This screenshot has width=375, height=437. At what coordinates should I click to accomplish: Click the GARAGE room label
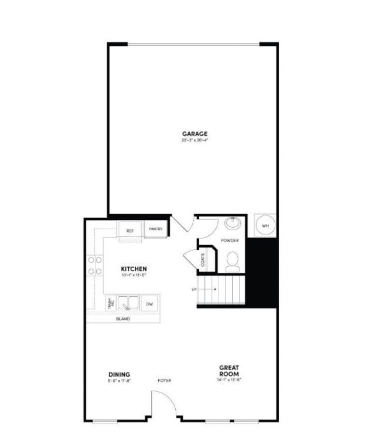point(195,134)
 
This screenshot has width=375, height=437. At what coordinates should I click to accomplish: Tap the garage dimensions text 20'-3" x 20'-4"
point(195,141)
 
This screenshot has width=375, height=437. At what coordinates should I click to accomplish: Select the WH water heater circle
point(265,226)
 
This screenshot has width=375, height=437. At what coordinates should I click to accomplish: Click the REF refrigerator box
point(129,231)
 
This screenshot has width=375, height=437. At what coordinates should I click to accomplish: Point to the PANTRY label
point(156,229)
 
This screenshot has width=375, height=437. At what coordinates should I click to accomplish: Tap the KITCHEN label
point(134,269)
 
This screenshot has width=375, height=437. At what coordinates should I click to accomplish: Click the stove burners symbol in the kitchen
point(95,266)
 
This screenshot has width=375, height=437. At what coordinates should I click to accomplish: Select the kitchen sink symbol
point(128,304)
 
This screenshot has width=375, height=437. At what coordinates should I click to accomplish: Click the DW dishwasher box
point(149,304)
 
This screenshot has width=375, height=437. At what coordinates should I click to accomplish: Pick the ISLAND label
point(122,319)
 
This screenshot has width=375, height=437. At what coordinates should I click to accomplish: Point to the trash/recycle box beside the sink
point(110,304)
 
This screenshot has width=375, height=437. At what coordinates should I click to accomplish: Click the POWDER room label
point(230,241)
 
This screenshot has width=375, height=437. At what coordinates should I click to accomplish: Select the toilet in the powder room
point(233,261)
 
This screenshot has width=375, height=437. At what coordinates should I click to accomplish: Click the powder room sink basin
point(233,223)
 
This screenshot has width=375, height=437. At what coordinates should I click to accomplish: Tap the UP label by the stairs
point(194,289)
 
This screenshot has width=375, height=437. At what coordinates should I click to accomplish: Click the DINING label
point(119,374)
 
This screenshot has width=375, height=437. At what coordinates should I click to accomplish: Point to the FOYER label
point(165,380)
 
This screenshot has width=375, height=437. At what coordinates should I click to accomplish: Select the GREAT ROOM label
point(229,371)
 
